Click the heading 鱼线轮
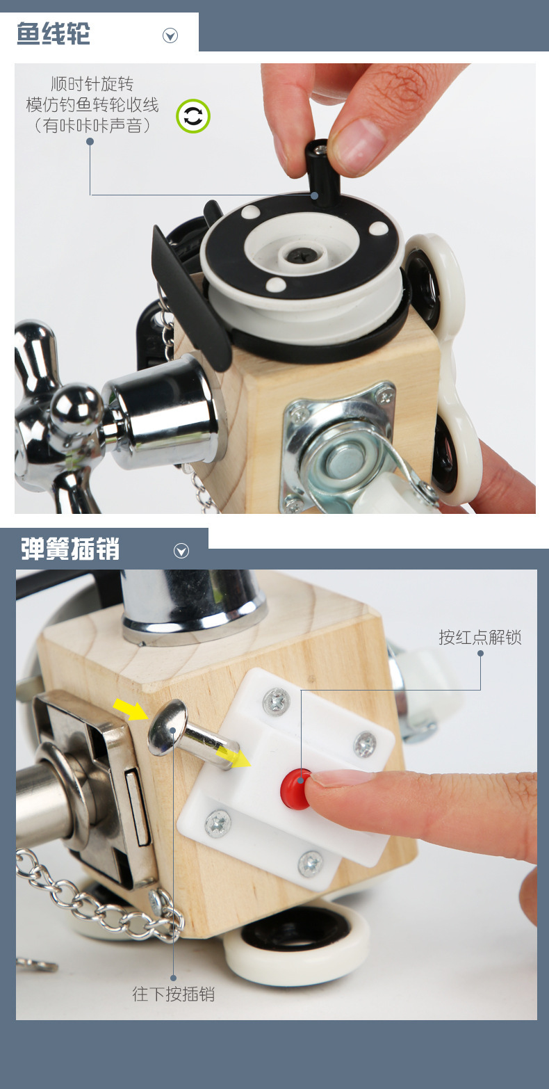pyautogui.click(x=54, y=33)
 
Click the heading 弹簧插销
pyautogui.click(x=69, y=549)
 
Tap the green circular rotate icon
pyautogui.click(x=192, y=116)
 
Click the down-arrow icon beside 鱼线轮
pyautogui.click(x=170, y=35)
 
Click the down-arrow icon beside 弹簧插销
pyautogui.click(x=181, y=551)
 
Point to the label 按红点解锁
pyautogui.click(x=480, y=637)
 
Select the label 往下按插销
pyautogui.click(x=174, y=994)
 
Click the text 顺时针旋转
pyautogui.click(x=92, y=84)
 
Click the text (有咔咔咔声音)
pyautogui.click(x=92, y=126)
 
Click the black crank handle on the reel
pyautogui.click(x=320, y=174)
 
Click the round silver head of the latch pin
pyautogui.click(x=167, y=727)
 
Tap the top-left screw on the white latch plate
pyautogui.click(x=276, y=701)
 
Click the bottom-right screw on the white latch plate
pyautogui.click(x=310, y=863)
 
